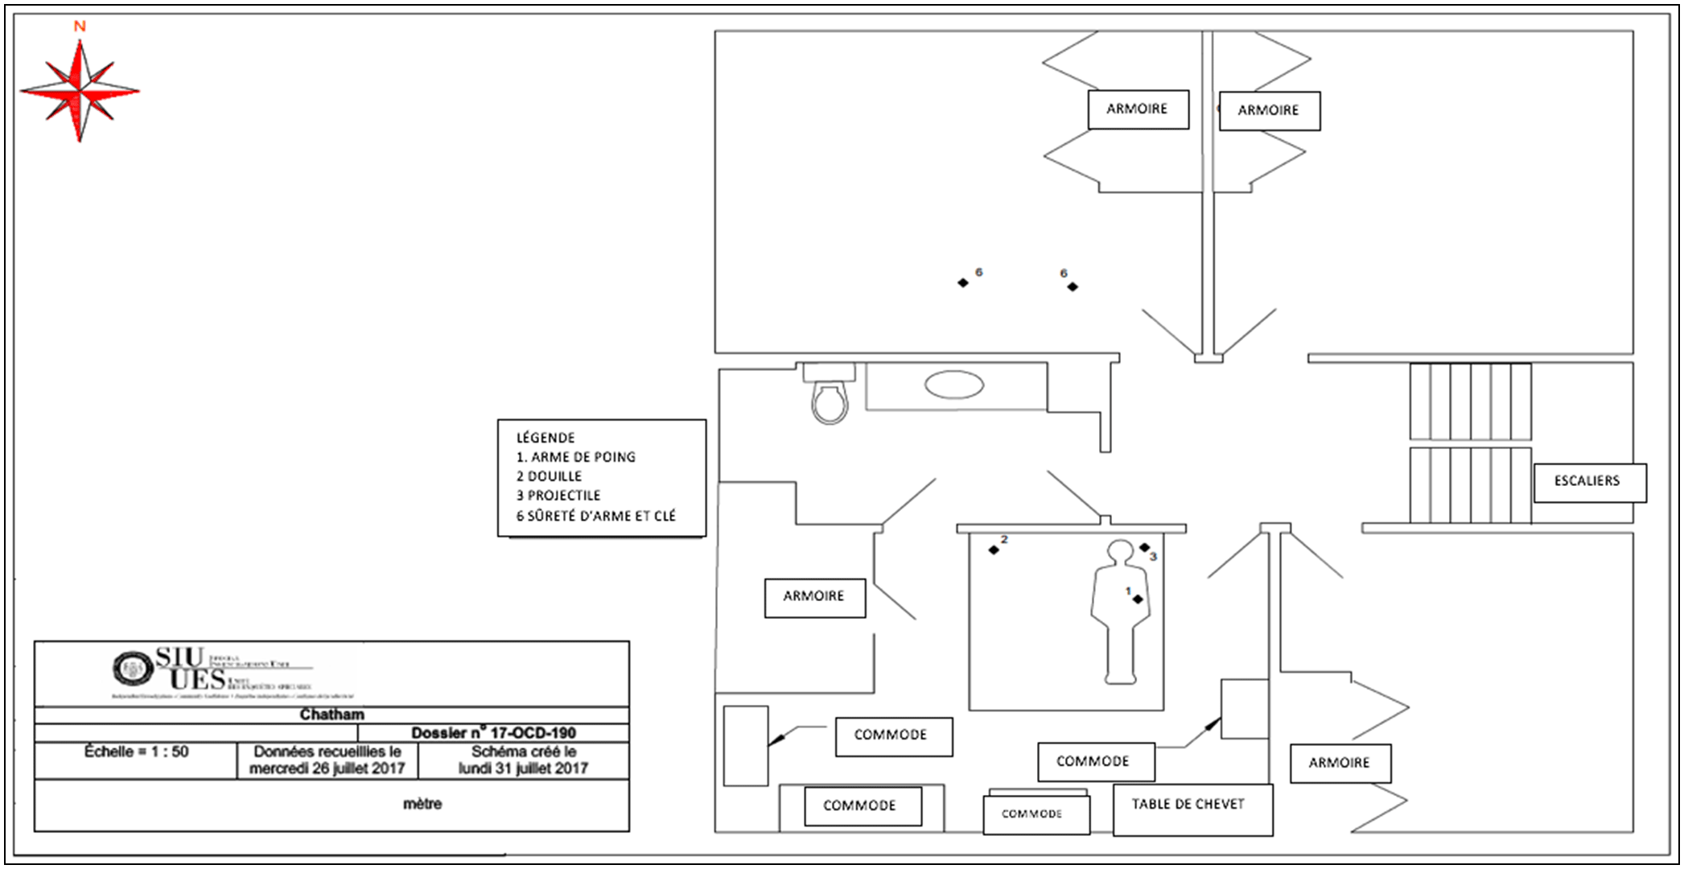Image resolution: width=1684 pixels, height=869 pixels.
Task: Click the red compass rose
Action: click(80, 91)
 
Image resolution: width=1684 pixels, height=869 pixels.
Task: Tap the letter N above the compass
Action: click(80, 27)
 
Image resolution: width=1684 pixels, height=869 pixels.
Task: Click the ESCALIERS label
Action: click(1587, 481)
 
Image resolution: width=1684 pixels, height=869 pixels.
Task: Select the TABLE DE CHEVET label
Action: click(1188, 805)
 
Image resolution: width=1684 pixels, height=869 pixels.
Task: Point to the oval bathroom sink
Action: click(953, 385)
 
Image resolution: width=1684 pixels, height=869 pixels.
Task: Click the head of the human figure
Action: click(1120, 552)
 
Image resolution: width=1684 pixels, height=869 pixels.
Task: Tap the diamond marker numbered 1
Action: click(1138, 599)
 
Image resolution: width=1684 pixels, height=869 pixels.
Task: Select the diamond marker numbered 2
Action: click(994, 550)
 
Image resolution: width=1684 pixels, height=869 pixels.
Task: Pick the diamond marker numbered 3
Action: click(1145, 548)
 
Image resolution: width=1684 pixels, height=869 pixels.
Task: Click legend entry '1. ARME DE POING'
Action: click(576, 457)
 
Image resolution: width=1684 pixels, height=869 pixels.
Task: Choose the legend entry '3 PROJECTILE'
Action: click(558, 496)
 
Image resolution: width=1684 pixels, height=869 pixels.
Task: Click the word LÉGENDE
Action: click(546, 438)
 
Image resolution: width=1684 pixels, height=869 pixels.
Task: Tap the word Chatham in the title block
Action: click(331, 715)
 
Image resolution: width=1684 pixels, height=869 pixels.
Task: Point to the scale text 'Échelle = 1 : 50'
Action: click(136, 752)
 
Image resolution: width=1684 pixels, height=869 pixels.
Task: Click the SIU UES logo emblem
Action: click(132, 668)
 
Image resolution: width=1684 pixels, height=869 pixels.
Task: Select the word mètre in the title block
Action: click(422, 804)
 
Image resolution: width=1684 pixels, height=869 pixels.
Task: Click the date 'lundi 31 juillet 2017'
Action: click(523, 768)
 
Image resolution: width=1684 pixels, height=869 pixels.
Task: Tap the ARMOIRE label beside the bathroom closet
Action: click(814, 596)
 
